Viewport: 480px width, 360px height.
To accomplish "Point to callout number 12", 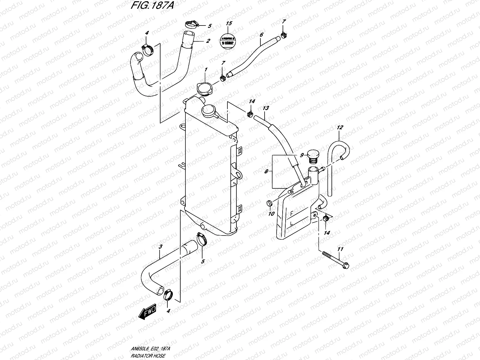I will tap(340, 127).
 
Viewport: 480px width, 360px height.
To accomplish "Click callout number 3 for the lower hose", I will tap(160, 247).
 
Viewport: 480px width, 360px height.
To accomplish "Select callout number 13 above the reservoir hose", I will tap(265, 108).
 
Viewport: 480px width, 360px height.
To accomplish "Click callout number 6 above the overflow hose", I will tap(261, 35).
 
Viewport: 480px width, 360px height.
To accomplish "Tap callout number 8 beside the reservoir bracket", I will tap(265, 172).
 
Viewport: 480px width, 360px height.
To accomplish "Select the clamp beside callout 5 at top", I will tap(190, 23).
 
